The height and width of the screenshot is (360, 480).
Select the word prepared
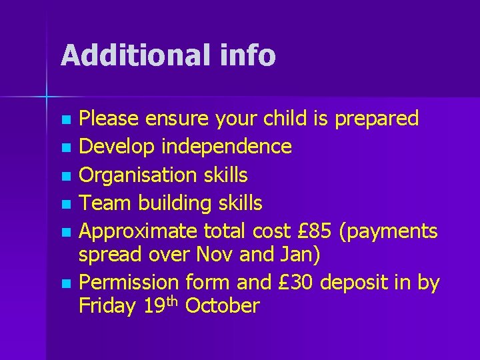pos(377,119)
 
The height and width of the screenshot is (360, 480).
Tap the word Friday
pos(108,306)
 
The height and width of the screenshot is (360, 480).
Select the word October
pos(222,306)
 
